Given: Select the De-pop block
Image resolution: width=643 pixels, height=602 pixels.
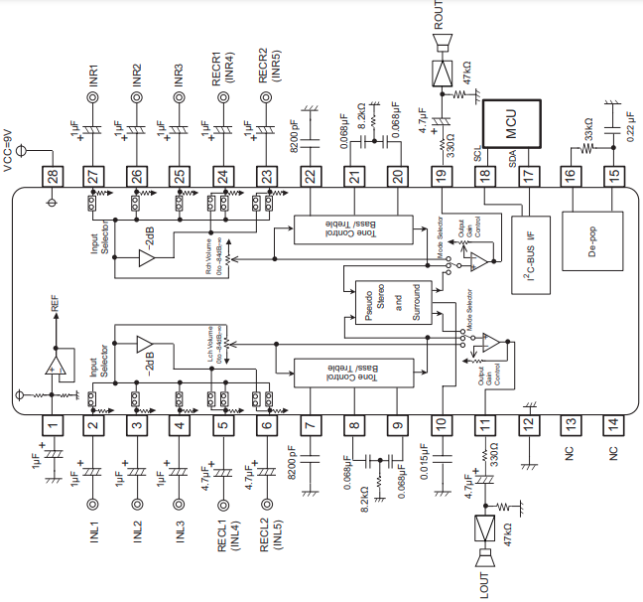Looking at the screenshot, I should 592,239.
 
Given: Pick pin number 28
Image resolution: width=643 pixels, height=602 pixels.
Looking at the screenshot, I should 52,176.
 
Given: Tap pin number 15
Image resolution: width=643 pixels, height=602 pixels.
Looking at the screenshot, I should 614,176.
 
